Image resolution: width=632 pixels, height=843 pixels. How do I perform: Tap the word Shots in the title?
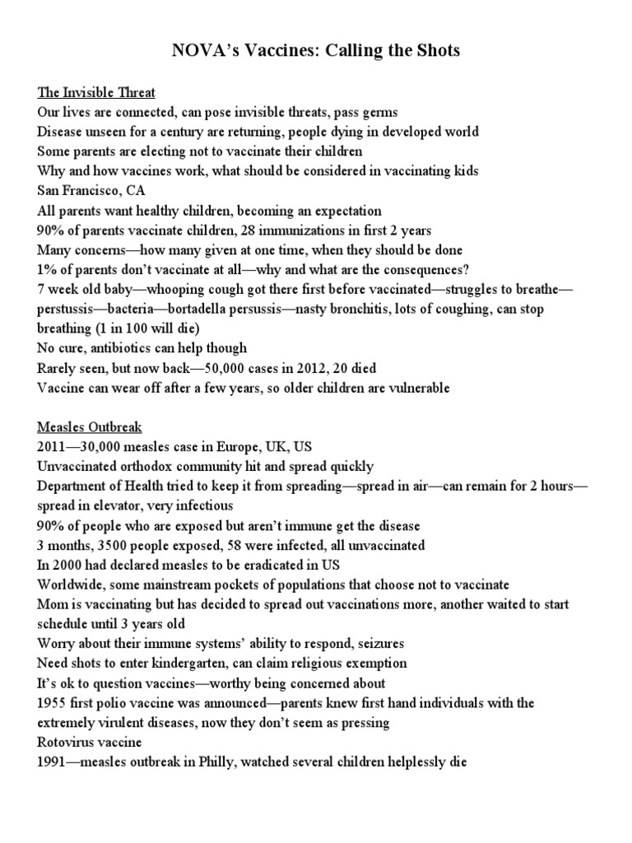pyautogui.click(x=433, y=51)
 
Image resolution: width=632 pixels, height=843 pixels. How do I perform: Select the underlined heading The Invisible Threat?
pyautogui.click(x=96, y=92)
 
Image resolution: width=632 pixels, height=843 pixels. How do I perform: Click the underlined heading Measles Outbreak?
pyautogui.click(x=90, y=427)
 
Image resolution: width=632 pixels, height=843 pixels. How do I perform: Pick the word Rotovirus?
pyautogui.click(x=67, y=743)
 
